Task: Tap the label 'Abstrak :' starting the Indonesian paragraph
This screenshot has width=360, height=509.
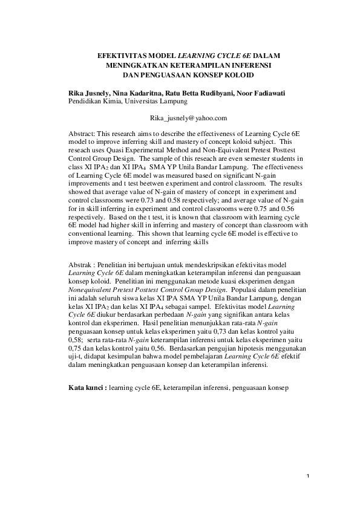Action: (82, 265)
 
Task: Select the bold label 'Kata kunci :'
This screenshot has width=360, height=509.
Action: (86, 386)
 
